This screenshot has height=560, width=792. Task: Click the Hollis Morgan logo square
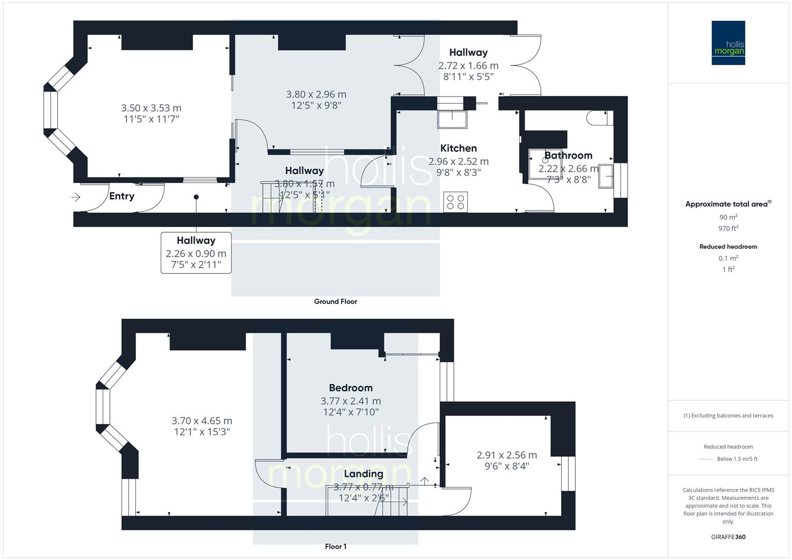[728, 43]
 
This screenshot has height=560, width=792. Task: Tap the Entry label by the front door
[121, 196]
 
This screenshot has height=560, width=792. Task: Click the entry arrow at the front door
[76, 197]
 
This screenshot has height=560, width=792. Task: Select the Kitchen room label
[458, 148]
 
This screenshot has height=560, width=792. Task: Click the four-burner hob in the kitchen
[455, 202]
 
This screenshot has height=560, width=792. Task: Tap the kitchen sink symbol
[452, 119]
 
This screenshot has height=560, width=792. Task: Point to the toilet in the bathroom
[596, 118]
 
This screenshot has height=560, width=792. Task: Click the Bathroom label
[568, 156]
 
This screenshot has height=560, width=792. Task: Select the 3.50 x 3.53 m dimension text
[151, 108]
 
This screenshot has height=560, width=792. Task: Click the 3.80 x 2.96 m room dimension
[316, 94]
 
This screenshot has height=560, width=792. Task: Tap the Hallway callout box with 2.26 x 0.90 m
[196, 253]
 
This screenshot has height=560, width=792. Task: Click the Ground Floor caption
[335, 301]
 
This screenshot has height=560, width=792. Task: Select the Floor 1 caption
[336, 546]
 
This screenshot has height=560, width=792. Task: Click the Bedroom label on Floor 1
[351, 388]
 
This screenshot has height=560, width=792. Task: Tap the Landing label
[363, 473]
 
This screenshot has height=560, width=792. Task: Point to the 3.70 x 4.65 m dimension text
[202, 421]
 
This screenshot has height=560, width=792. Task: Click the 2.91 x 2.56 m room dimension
[506, 455]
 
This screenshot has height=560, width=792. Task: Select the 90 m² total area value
[728, 217]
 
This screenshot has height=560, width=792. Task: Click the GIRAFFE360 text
[728, 537]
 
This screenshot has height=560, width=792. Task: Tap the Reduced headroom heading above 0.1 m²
[728, 246]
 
